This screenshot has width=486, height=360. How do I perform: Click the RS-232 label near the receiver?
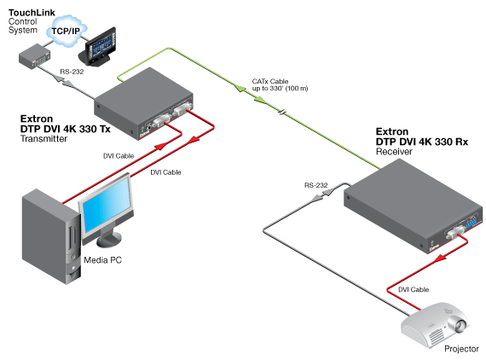pyautogui.click(x=317, y=183)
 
